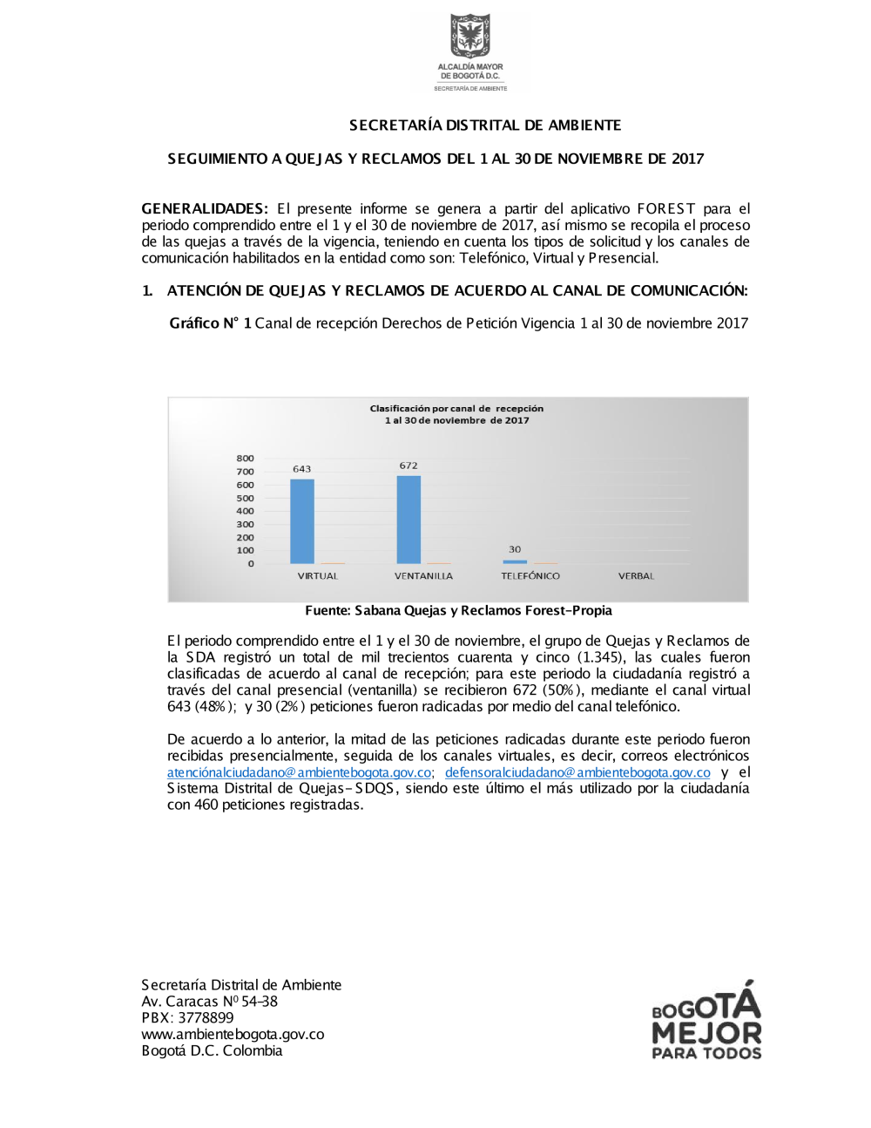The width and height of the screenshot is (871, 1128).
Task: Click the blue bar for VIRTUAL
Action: click(301, 521)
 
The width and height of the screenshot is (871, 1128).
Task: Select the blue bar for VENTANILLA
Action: click(408, 520)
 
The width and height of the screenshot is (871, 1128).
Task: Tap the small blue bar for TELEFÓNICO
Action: click(515, 561)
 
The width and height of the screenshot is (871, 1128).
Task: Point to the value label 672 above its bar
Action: click(408, 465)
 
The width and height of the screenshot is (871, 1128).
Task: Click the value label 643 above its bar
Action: click(301, 469)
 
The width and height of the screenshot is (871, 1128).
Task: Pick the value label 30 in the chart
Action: click(515, 549)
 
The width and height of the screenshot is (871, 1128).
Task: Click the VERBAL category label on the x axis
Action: click(636, 576)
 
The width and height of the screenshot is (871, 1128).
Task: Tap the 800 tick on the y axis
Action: click(245, 459)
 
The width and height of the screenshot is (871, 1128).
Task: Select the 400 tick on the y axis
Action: click(245, 512)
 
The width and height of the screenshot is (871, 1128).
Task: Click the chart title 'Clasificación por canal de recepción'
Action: click(456, 409)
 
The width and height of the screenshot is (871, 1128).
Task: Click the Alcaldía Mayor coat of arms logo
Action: click(470, 37)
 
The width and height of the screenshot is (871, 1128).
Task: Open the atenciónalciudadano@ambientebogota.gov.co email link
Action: click(299, 772)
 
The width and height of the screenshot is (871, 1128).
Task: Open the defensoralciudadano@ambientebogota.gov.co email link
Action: click(577, 772)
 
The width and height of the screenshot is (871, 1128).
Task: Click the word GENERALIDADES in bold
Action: click(204, 209)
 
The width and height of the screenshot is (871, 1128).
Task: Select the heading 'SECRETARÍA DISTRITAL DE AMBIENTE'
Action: click(485, 126)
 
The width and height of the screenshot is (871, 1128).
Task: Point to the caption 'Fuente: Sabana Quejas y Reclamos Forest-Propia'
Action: click(458, 611)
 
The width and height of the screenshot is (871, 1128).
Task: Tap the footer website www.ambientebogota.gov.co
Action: click(233, 1035)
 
